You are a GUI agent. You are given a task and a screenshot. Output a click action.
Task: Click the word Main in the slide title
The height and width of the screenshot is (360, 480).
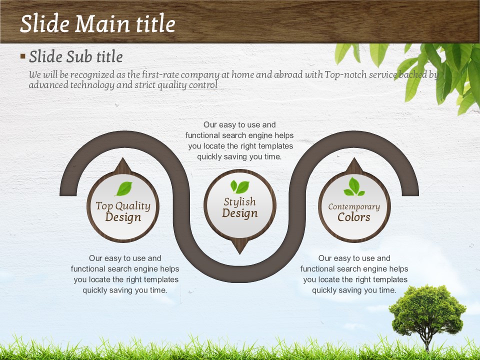point(102,24)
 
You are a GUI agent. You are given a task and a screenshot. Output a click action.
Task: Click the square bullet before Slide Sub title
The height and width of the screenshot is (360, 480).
point(22,56)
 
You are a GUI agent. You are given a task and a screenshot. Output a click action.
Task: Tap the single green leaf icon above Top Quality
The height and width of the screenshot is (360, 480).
point(124,188)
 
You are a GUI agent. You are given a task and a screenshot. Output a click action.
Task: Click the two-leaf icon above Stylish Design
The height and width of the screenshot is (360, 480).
point(239,186)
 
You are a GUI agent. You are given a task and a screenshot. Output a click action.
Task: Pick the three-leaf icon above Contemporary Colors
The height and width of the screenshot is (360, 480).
point(354,186)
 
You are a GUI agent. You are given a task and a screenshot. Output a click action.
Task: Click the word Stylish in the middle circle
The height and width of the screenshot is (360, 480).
point(239,201)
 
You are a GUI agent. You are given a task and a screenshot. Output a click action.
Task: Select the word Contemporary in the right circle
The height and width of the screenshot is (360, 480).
point(354,207)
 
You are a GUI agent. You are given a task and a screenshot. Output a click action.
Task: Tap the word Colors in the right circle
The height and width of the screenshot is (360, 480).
point(354,217)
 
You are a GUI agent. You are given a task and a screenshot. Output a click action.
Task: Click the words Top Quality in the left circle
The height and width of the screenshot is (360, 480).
point(123,206)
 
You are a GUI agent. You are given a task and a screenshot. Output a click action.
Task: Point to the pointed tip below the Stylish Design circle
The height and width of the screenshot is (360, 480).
point(239,254)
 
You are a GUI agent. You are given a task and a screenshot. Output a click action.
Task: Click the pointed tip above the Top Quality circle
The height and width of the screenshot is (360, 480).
point(123,158)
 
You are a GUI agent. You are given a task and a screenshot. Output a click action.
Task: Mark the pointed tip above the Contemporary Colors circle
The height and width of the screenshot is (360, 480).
point(354,158)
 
